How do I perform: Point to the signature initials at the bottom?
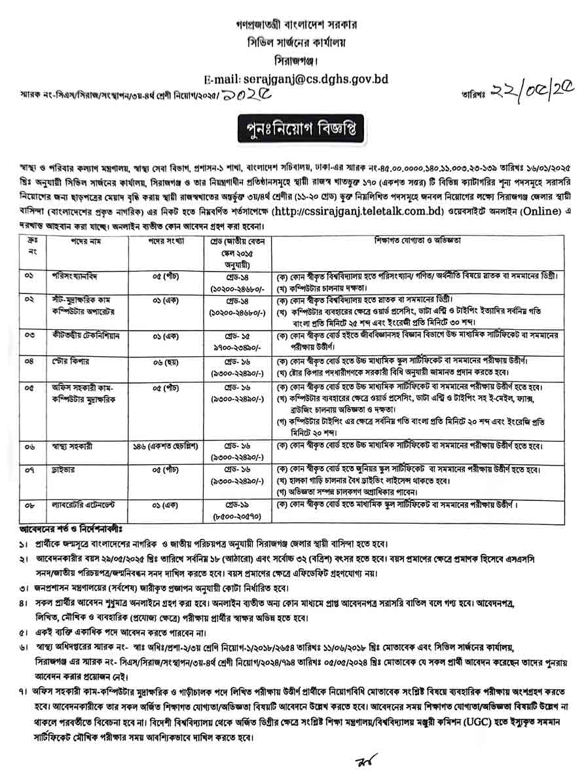pyautogui.click(x=358, y=763)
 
